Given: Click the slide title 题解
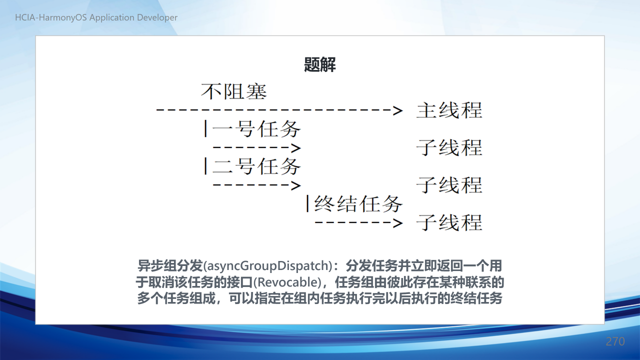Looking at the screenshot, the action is coord(319,64).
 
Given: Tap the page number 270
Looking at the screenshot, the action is coord(615,341).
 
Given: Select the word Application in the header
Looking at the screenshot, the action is coord(111,17).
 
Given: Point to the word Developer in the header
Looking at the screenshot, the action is coord(157,17).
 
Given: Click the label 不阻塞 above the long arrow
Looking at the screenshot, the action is coord(233,91).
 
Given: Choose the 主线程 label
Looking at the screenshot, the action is coord(449,110).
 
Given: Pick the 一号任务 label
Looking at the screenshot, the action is coord(256,129).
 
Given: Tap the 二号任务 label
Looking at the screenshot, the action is coord(256,166).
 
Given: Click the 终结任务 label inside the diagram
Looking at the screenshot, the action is coord(358,203).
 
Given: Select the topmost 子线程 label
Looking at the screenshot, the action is coord(449,147).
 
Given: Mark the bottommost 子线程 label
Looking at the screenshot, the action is coord(449,222).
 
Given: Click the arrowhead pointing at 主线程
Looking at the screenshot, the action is coord(397,110).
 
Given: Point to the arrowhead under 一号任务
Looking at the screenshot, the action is coord(296,148).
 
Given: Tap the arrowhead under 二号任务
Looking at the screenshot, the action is coord(296,185).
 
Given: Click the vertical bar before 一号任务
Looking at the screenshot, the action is coord(205,128).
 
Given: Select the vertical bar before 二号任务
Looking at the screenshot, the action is coord(205,166).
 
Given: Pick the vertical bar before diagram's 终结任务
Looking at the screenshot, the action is coord(307,203).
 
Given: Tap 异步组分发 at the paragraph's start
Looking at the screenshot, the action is coord(170,265).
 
